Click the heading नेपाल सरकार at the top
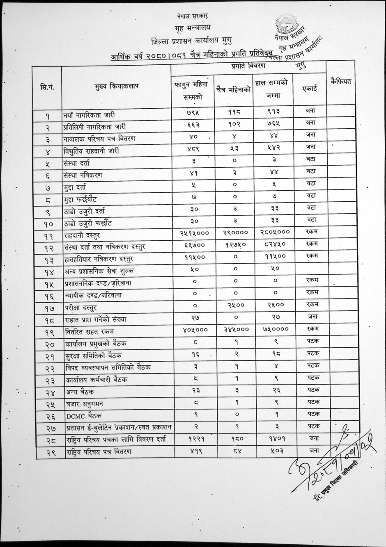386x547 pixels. coord(193,16)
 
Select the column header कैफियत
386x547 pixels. coord(340,82)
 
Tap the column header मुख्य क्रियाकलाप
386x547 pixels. coord(116,87)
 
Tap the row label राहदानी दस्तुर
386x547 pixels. coord(82,235)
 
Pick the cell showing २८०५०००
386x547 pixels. coord(275,232)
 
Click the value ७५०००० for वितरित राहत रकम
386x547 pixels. coord(275,329)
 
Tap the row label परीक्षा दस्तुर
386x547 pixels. coord(81,308)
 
